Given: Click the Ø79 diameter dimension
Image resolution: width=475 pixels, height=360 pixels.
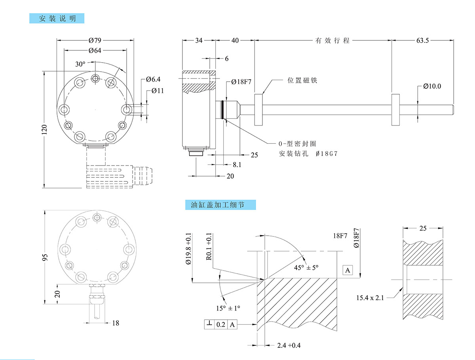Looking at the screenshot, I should pos(95,40).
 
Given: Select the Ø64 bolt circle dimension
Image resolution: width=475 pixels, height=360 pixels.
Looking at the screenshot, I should pos(95,50).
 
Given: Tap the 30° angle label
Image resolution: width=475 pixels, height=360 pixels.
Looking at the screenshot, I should pos(80,64).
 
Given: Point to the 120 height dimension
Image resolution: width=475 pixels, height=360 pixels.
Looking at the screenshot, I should pos(44,129).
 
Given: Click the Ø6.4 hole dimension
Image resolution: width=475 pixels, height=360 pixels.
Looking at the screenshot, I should pos(153,80).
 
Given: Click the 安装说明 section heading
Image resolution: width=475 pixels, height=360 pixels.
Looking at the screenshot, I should pos(57,19).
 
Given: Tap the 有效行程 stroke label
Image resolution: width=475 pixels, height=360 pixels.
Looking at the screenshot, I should pos(332,40).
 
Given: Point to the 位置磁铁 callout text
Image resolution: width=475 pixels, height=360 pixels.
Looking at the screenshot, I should pos(302,80).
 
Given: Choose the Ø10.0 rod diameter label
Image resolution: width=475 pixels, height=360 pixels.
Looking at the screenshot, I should pos(432,86).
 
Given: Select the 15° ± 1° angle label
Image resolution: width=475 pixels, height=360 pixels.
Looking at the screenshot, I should pos(228,308).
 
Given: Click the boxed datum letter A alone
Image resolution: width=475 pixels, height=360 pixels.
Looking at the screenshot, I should pos(348,270).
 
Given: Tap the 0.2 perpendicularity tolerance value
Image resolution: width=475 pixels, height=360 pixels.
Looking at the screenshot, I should pos(221,325).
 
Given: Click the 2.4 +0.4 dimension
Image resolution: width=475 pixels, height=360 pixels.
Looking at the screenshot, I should pos(289,345).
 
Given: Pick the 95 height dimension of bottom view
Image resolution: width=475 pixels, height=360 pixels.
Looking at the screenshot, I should pos(44,257).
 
